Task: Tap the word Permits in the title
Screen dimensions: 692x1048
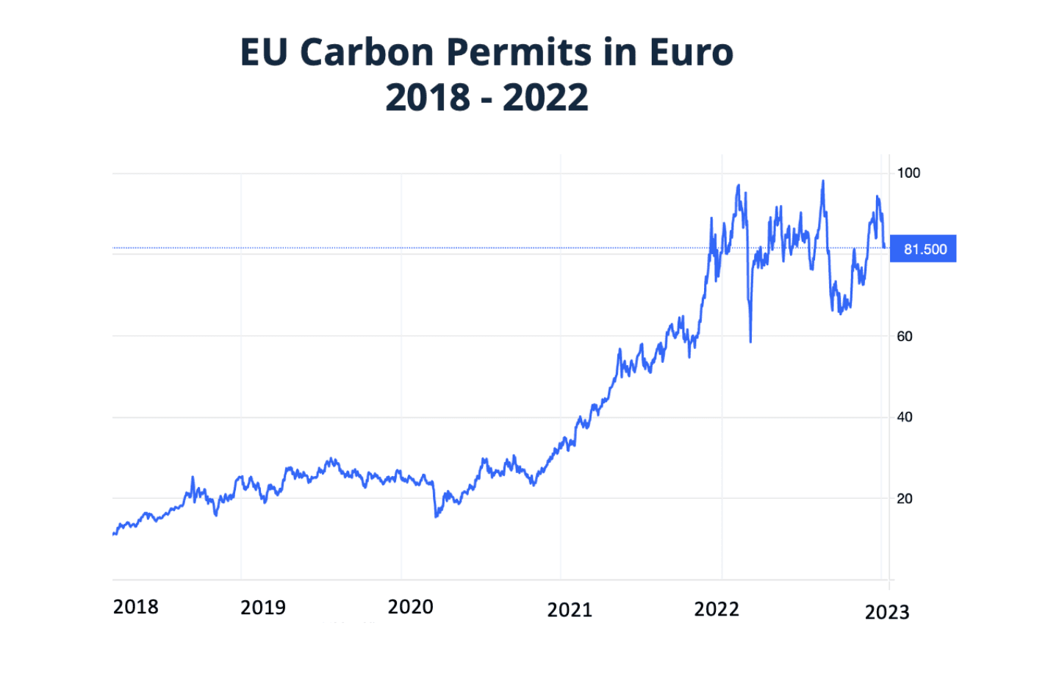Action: coord(518,53)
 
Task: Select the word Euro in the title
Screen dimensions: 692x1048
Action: coord(691,53)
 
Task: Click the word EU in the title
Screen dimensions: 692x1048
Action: coord(265,53)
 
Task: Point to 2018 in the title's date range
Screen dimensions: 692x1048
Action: coord(428,98)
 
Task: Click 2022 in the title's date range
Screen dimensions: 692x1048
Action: coord(545,98)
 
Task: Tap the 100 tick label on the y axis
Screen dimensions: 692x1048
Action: coord(908,173)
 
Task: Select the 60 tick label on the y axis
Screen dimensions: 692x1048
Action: coord(905,336)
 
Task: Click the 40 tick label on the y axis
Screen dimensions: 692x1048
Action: coord(905,417)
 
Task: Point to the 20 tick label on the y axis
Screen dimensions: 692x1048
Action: coord(905,499)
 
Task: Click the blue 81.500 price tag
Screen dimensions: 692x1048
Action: coord(924,249)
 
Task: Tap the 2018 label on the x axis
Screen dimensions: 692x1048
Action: coord(136,607)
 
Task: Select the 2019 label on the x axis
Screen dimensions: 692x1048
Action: coord(263,608)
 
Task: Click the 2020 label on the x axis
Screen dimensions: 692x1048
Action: coord(410,607)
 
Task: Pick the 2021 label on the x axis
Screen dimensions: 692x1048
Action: coord(570,610)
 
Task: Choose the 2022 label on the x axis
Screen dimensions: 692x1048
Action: coord(717,609)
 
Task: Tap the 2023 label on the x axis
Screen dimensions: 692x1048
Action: coord(887,612)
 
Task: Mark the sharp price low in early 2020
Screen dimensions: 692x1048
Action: coord(437,516)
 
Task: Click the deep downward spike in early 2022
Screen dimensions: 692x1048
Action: coord(750,341)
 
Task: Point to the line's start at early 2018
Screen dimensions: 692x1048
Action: coord(114,534)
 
